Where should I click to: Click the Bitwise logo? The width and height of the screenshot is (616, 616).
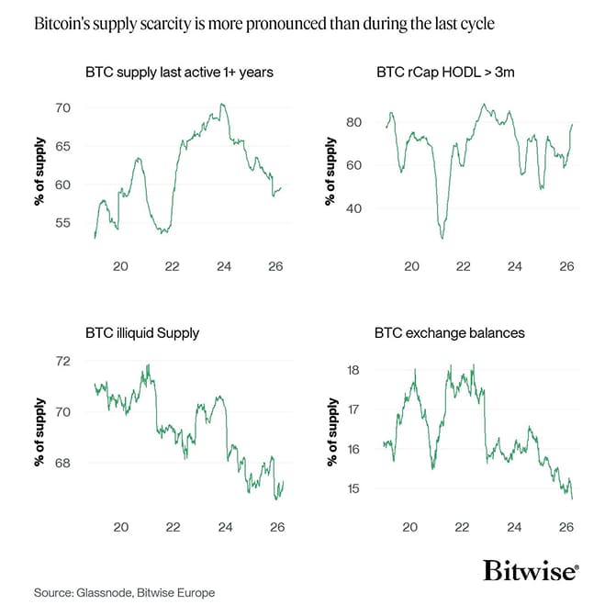click(531, 571)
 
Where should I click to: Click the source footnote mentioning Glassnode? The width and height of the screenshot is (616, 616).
click(124, 593)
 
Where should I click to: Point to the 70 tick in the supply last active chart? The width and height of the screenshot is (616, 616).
click(62, 108)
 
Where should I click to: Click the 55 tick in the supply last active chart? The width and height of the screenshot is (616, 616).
click(62, 223)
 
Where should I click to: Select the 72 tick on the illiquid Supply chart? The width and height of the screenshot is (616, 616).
click(62, 361)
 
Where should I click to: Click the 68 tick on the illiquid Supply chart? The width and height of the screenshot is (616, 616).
click(62, 464)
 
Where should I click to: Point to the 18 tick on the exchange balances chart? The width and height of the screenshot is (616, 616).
click(353, 370)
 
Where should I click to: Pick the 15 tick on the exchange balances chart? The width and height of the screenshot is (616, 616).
click(353, 488)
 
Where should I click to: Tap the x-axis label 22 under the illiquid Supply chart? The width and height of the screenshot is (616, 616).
click(172, 527)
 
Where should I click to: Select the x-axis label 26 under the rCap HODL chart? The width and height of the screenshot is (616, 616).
click(567, 265)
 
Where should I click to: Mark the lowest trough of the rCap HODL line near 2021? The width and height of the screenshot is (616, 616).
click(442, 238)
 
